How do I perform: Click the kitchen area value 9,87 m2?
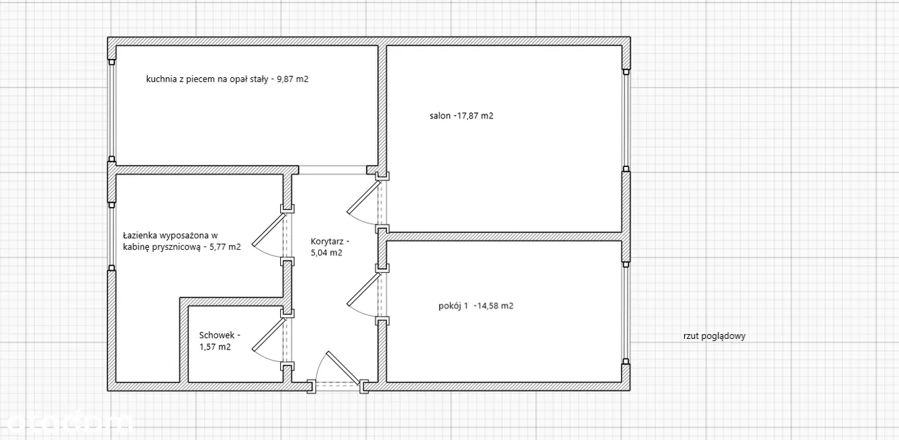coord(293,79)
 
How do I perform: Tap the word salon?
coord(440,116)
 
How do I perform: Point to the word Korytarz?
coord(327,241)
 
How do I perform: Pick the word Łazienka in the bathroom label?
coord(140,235)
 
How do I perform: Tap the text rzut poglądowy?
coord(714,336)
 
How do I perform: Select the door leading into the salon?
coord(364,197)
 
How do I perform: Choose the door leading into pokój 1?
coord(364,289)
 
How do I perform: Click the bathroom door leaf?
coord(268,230)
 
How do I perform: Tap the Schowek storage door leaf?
coord(268,335)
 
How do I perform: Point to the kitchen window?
coord(112,110)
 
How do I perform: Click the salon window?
coord(626,120)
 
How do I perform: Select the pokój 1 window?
coord(626,313)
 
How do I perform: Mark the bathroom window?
coord(112,236)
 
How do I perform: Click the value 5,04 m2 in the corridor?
coord(327,253)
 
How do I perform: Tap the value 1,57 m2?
coord(215,347)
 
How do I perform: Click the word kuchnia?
coord(162,79)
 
